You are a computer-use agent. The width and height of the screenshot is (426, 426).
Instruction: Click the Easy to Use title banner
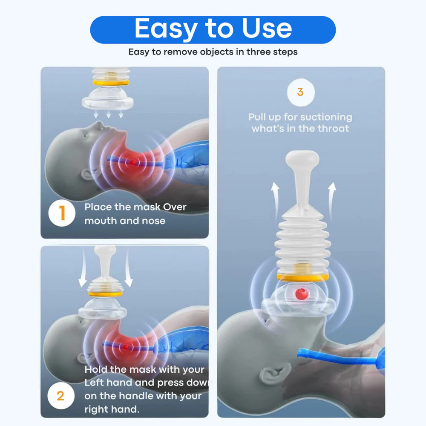(213, 29)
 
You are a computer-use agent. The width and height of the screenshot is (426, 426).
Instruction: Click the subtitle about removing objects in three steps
(213, 52)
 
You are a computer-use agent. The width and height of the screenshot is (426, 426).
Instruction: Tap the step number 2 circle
(60, 396)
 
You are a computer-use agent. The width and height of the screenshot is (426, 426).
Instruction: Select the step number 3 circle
(300, 92)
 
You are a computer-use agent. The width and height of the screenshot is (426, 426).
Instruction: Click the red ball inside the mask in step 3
(302, 293)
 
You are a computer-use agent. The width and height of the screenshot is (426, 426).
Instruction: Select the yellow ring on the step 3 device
(302, 277)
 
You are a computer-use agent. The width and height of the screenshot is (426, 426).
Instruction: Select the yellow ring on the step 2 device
(105, 294)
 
